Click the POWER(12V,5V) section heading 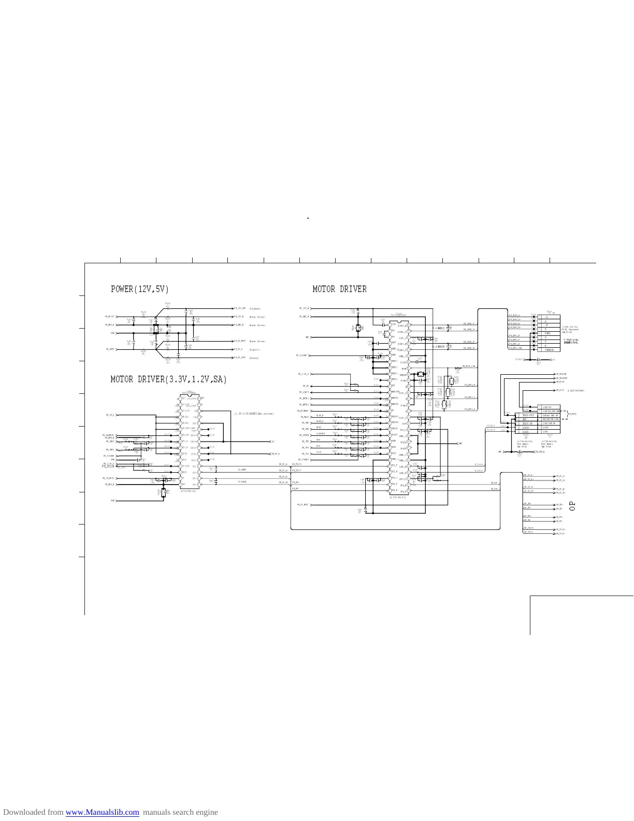click(139, 289)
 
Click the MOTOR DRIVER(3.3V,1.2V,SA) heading click(169, 380)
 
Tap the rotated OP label click(572, 505)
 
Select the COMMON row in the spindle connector click(549, 350)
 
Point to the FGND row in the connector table click(548, 333)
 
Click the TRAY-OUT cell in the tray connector click(529, 415)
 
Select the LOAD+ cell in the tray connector click(526, 428)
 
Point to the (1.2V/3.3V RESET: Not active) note click(253, 414)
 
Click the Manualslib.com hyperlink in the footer click(102, 812)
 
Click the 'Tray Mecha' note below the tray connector click(523, 444)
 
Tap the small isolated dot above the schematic click(308, 218)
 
